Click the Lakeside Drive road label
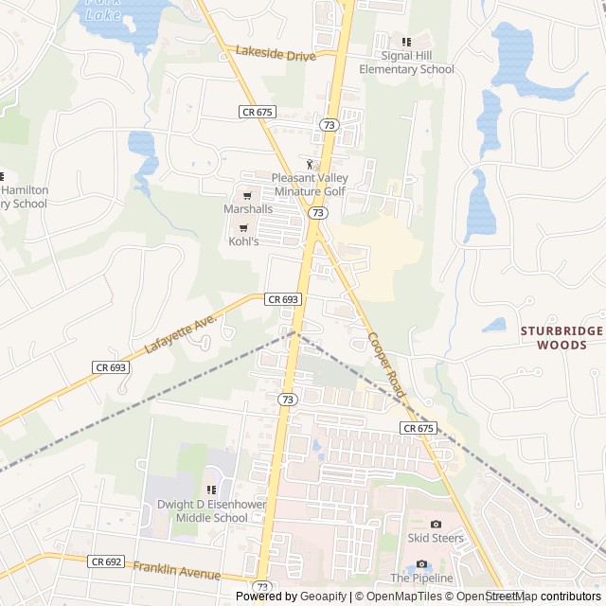276,56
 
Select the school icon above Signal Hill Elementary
406,42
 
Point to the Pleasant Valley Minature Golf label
309,185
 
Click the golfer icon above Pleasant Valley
308,164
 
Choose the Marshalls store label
248,208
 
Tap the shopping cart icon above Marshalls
247,195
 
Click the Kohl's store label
243,241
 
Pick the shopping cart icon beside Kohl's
243,227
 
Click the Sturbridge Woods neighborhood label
562,337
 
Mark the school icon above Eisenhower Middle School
211,490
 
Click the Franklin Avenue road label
176,570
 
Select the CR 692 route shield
107,561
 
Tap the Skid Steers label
436,538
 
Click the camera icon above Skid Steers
436,524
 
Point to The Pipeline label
422,578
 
